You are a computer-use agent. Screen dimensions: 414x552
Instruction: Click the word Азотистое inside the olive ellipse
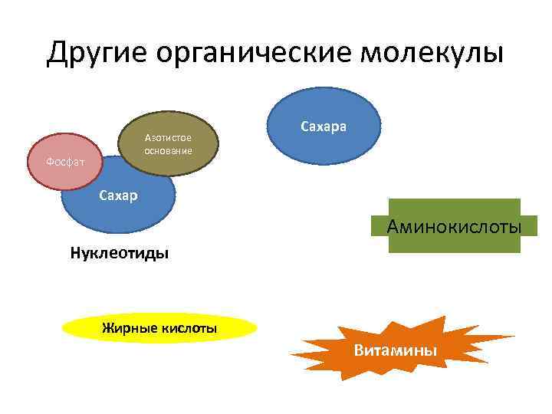point(168,136)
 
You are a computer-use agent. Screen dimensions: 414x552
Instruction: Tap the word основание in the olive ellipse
point(168,150)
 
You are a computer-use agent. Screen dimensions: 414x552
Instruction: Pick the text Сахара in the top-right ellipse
point(324,125)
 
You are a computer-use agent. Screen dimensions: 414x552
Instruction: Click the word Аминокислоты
point(455,226)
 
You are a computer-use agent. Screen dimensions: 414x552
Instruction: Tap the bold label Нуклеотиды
point(120,252)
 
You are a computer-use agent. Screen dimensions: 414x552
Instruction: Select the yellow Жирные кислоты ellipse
point(159,329)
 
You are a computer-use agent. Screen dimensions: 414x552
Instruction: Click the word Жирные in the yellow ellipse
point(130,329)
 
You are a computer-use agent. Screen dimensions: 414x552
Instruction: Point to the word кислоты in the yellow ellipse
point(189,329)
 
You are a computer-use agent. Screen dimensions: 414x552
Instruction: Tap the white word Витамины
point(396,350)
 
